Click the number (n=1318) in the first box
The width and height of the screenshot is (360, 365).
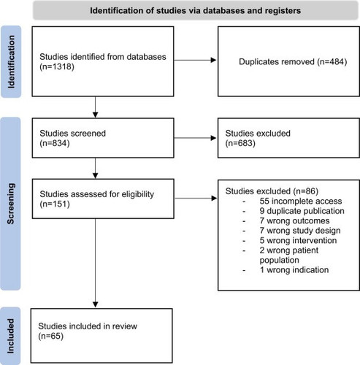click(57, 66)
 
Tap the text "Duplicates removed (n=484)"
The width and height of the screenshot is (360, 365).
click(293, 61)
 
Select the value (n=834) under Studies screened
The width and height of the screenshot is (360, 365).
click(55, 143)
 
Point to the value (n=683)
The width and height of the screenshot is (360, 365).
click(240, 143)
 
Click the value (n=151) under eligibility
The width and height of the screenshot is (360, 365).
click(55, 204)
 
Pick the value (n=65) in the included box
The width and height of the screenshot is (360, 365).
click(51, 336)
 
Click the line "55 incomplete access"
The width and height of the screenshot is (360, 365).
click(301, 201)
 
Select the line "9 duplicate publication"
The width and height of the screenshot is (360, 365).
click(302, 211)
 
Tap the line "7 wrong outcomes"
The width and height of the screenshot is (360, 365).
click(294, 220)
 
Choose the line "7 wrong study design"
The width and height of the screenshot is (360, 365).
click(300, 231)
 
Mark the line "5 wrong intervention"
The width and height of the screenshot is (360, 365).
click(298, 240)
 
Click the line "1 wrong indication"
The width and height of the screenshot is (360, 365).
click(294, 270)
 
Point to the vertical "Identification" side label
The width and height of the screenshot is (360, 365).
click(11, 62)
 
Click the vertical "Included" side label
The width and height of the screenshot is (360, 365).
click(10, 336)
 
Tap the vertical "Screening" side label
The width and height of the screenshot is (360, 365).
click(10, 204)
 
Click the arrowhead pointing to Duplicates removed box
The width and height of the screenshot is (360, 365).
click(213, 60)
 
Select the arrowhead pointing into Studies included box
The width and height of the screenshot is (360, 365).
click(96, 304)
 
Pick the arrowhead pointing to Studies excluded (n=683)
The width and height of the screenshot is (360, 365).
click(213, 138)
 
